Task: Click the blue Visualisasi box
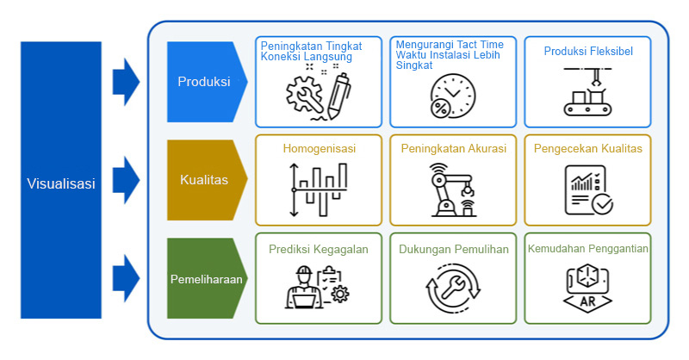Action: tap(60, 181)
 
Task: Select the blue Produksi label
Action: tap(204, 82)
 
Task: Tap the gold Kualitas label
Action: tap(204, 180)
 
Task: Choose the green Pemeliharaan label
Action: tap(205, 279)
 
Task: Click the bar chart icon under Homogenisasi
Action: tap(319, 190)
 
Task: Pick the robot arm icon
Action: tap(452, 190)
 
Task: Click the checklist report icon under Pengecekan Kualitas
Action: tap(587, 190)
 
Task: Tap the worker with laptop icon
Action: tap(317, 289)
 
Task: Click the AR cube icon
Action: tap(587, 289)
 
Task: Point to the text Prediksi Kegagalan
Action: tap(319, 250)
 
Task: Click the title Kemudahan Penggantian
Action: tap(587, 249)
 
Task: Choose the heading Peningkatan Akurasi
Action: tap(453, 148)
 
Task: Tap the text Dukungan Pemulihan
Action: tap(453, 250)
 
